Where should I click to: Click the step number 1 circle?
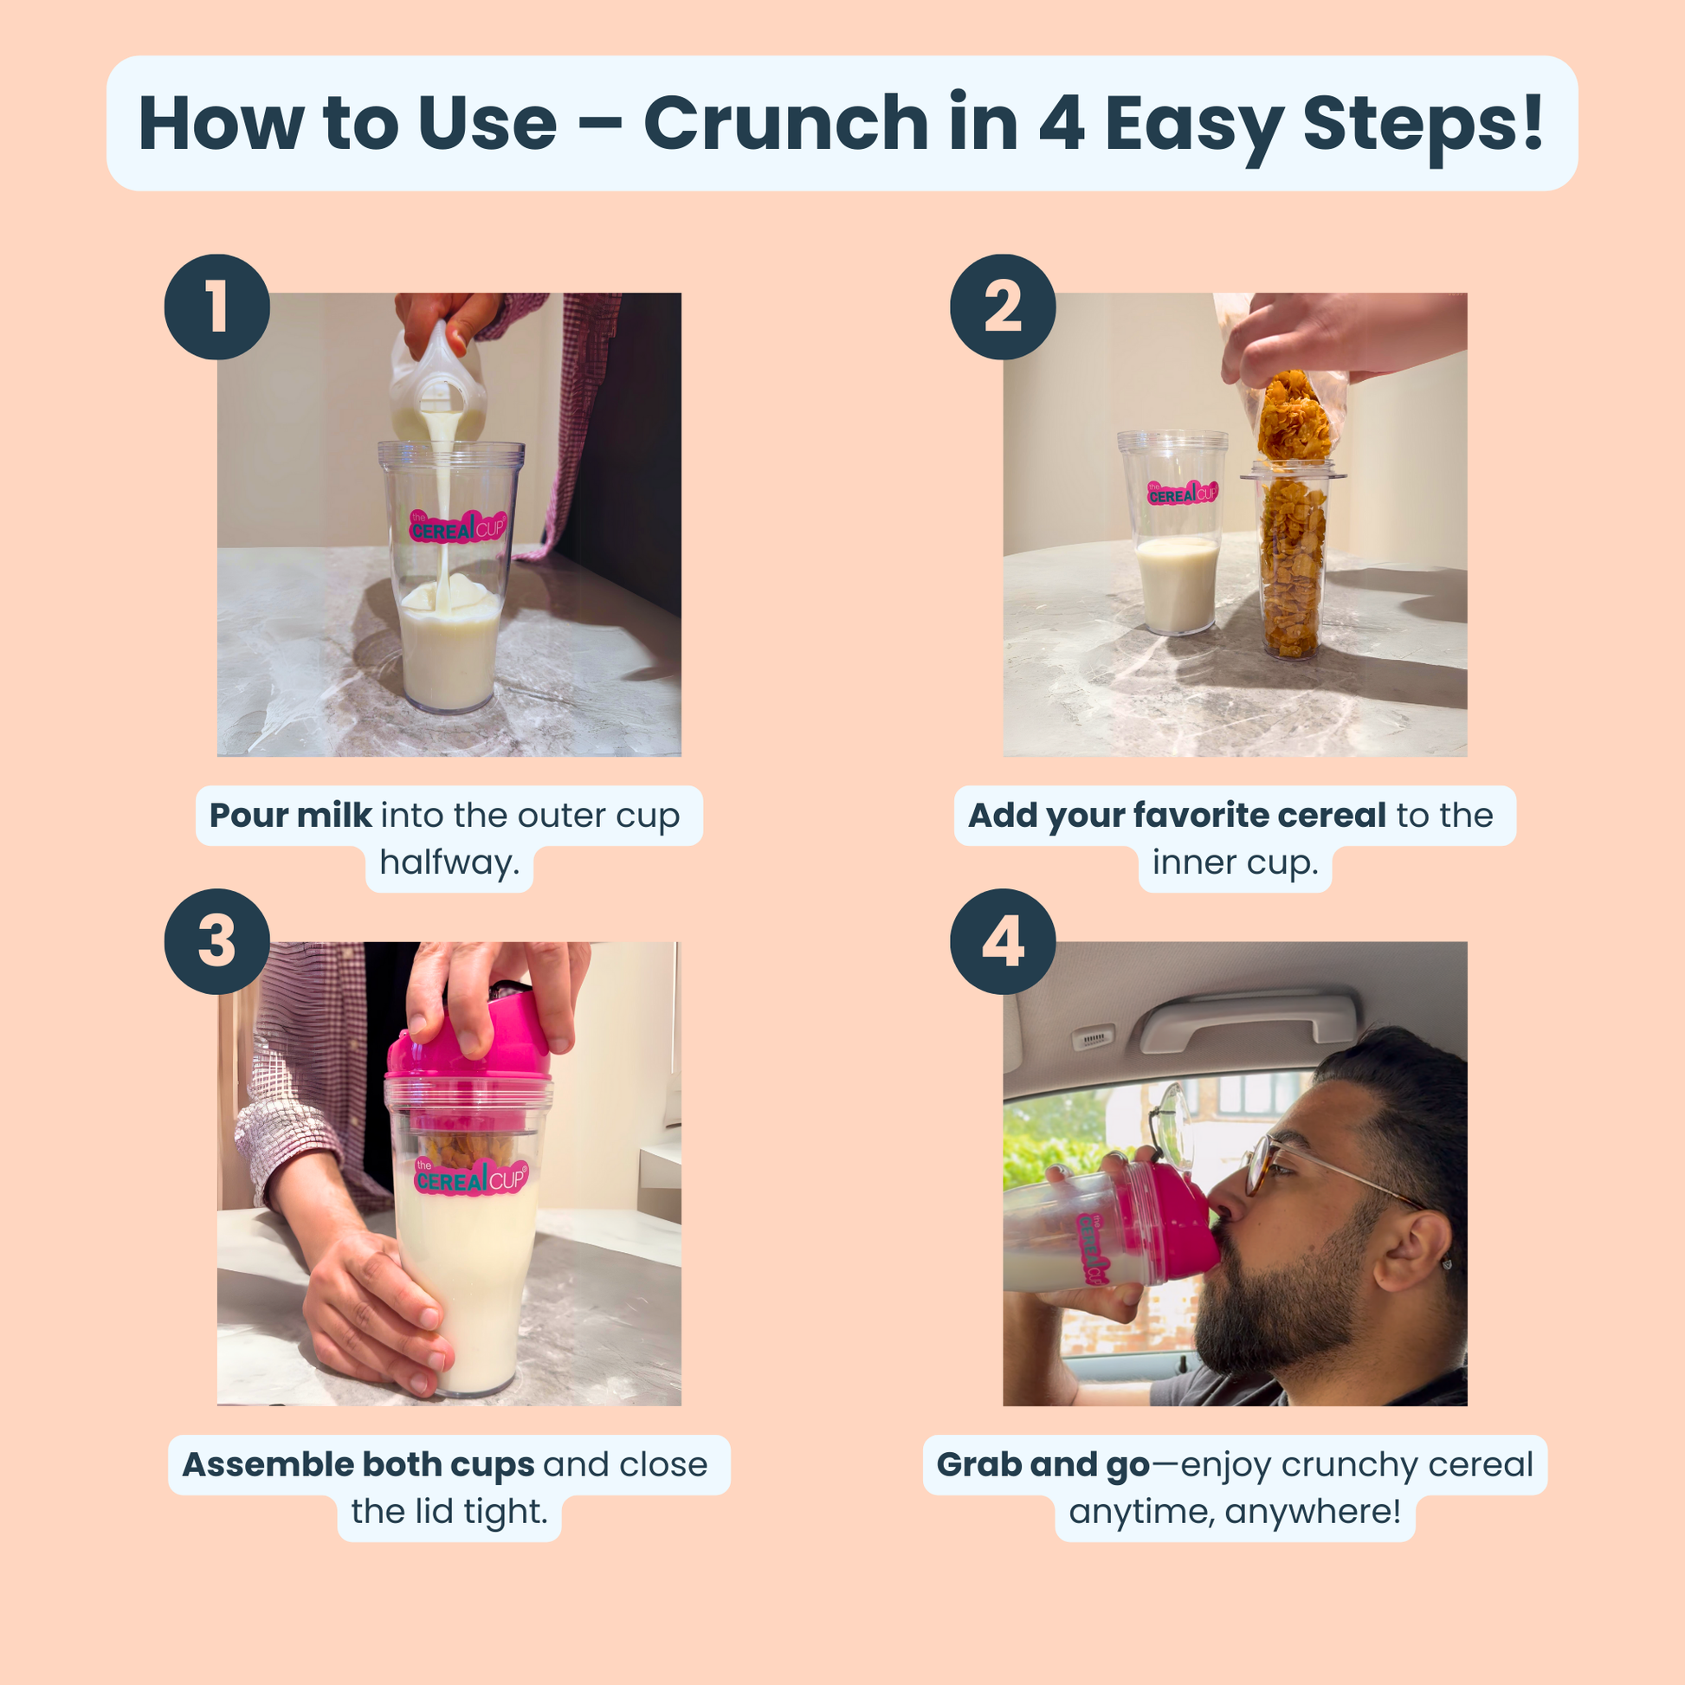(217, 307)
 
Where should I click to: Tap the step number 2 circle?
(1003, 307)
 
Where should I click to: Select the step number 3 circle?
(217, 941)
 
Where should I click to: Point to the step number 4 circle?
(1003, 941)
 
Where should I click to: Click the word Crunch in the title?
(785, 123)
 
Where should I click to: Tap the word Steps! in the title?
(1422, 123)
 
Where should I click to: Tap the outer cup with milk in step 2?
(1175, 558)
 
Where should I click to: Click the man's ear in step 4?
(1411, 1251)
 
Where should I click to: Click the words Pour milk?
(290, 816)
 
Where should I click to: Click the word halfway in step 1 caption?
(449, 862)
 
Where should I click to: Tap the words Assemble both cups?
(358, 1464)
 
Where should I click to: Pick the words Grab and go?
(1043, 1464)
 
